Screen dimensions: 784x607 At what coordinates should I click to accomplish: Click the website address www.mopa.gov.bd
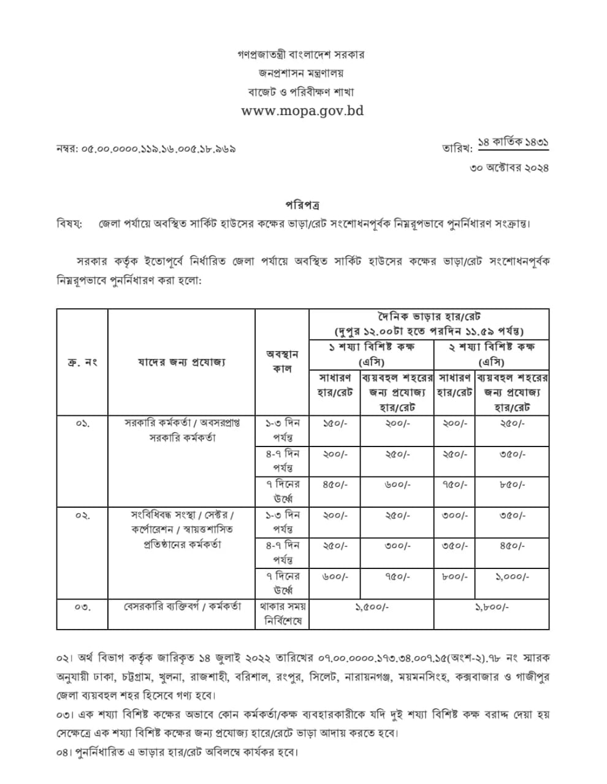click(302, 111)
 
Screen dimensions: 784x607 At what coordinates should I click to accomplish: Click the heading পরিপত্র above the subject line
click(302, 205)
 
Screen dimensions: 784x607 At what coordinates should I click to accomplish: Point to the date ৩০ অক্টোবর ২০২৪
click(509, 167)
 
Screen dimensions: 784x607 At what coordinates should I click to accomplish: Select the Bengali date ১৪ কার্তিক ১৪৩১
click(513, 142)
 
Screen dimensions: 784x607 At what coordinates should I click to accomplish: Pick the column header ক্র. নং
click(82, 362)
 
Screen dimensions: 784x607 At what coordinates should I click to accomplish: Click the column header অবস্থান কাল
click(282, 362)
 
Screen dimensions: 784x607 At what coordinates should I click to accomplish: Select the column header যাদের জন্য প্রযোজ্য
click(181, 362)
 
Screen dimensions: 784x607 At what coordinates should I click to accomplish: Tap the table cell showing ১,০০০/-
click(512, 576)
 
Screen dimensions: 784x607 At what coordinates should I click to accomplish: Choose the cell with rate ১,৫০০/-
click(372, 607)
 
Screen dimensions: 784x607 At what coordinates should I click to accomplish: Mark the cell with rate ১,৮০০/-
click(491, 607)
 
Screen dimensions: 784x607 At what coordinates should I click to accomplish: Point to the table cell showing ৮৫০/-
click(512, 484)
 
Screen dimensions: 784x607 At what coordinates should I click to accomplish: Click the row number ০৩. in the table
click(83, 607)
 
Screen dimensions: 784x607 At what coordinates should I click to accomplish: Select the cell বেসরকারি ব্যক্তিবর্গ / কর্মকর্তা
click(182, 606)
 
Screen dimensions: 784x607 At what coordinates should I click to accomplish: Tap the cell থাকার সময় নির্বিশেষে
click(282, 614)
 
